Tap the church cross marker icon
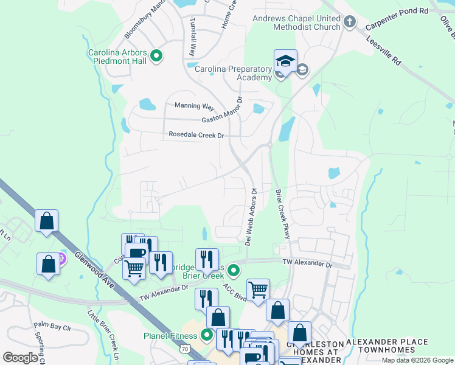pyautogui.click(x=349, y=23)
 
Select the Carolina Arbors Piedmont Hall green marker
pyautogui.click(x=156, y=57)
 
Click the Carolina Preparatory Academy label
pyautogui.click(x=233, y=73)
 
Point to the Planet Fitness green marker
pyautogui.click(x=207, y=335)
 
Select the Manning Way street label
pyautogui.click(x=195, y=106)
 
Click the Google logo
pyautogui.click(x=19, y=358)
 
